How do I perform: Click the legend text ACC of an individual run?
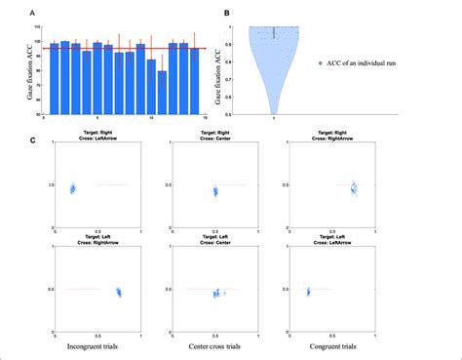pyautogui.click(x=374, y=62)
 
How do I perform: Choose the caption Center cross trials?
pyautogui.click(x=216, y=346)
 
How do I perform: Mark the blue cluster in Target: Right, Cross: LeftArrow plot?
pyautogui.click(x=72, y=187)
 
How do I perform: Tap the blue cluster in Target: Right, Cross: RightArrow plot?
pyautogui.click(x=355, y=187)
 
